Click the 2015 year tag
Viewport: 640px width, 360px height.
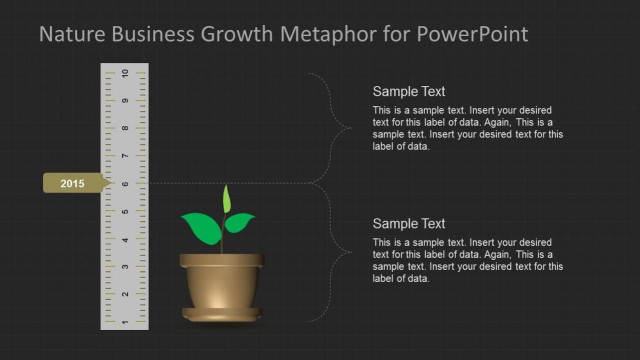pyautogui.click(x=74, y=183)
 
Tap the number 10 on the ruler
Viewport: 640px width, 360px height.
pyautogui.click(x=124, y=74)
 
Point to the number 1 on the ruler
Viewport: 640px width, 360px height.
pyautogui.click(x=124, y=322)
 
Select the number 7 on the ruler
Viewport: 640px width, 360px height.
pyautogui.click(x=124, y=157)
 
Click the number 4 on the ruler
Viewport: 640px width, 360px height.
pyautogui.click(x=124, y=240)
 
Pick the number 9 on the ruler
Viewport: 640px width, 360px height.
pyautogui.click(x=124, y=102)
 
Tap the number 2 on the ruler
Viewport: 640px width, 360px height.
pyautogui.click(x=124, y=295)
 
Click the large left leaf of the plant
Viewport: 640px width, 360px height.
pyautogui.click(x=202, y=228)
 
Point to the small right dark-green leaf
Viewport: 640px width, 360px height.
pyautogui.click(x=240, y=222)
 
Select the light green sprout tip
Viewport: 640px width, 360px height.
pyautogui.click(x=226, y=198)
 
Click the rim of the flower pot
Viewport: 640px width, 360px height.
pyautogui.click(x=222, y=261)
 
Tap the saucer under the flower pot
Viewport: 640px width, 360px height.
pyautogui.click(x=222, y=316)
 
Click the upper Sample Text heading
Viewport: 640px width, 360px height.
pyautogui.click(x=409, y=91)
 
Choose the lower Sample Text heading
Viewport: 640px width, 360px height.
pyautogui.click(x=409, y=223)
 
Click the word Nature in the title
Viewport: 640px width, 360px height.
pyautogui.click(x=72, y=35)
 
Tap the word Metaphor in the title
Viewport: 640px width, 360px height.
pyautogui.click(x=334, y=35)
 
